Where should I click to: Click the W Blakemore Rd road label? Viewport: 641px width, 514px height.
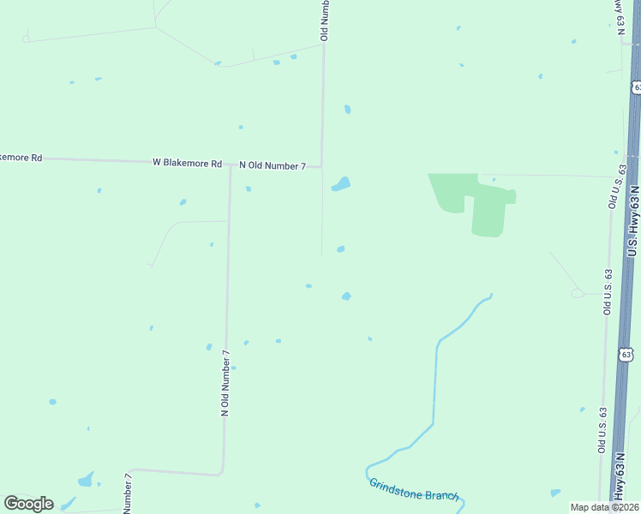187,162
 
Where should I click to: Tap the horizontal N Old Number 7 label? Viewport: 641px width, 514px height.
272,165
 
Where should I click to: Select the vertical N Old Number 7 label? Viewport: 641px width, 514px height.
226,383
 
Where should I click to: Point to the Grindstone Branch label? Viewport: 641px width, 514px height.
414,490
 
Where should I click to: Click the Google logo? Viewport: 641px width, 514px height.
28,504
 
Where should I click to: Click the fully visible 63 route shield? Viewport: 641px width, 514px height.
626,354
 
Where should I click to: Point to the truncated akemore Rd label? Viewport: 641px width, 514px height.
21,158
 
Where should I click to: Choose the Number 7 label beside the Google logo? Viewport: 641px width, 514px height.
128,493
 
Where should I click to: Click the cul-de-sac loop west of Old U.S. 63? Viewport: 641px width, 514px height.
578,293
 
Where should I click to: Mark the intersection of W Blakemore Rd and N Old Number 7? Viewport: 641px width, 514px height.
231,164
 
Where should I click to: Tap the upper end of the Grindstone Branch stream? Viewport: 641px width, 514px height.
490,296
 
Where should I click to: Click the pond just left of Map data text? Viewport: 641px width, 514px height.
555,493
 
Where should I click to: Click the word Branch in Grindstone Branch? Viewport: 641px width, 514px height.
440,495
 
